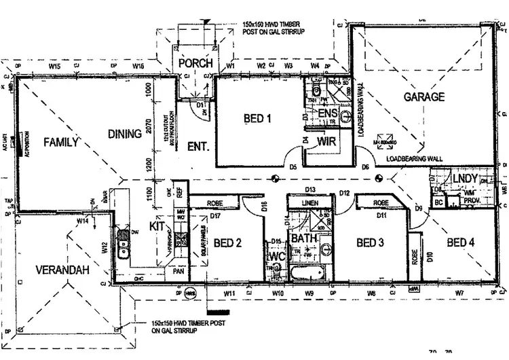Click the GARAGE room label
(x=424, y=97)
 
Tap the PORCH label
(x=195, y=63)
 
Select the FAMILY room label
(x=62, y=143)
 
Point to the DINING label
(x=125, y=134)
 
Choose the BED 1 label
(x=258, y=119)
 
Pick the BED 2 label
(x=228, y=242)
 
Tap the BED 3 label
(x=371, y=242)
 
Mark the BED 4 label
(x=461, y=242)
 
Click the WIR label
(x=327, y=142)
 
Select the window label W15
(x=55, y=67)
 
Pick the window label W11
(x=229, y=293)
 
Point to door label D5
(x=293, y=166)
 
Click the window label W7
(x=459, y=293)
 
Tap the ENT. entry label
(x=197, y=146)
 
